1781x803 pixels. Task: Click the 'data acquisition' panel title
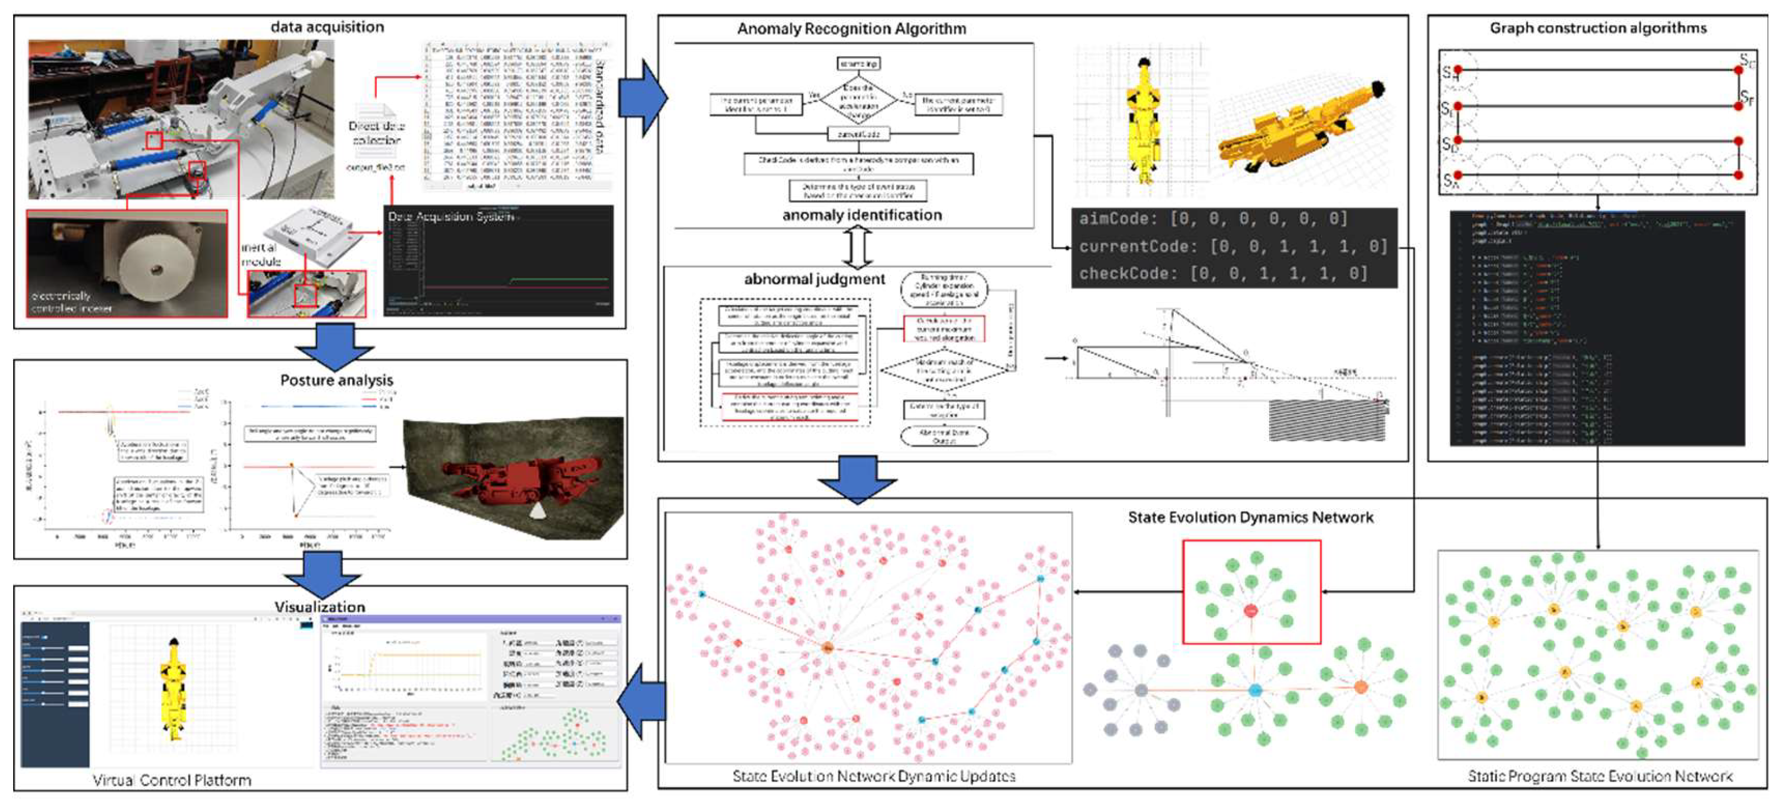tap(327, 27)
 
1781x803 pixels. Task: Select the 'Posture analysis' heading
tap(336, 380)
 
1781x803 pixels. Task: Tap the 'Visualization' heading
tap(320, 607)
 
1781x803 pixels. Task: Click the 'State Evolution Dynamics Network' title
tap(1250, 518)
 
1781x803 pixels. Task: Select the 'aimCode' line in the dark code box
tap(1213, 219)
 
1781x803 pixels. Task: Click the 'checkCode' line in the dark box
tap(1223, 273)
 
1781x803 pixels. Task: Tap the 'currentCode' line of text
tap(1233, 246)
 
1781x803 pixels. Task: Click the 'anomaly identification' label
tap(861, 215)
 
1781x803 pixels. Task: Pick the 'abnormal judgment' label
tap(814, 279)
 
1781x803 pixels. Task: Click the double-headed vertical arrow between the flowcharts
tap(857, 247)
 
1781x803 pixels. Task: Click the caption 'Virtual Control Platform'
tap(171, 780)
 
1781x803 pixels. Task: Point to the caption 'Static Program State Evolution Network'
tap(1599, 776)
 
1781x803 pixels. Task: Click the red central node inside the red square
tap(1250, 611)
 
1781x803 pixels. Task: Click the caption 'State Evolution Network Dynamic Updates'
tap(873, 776)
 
